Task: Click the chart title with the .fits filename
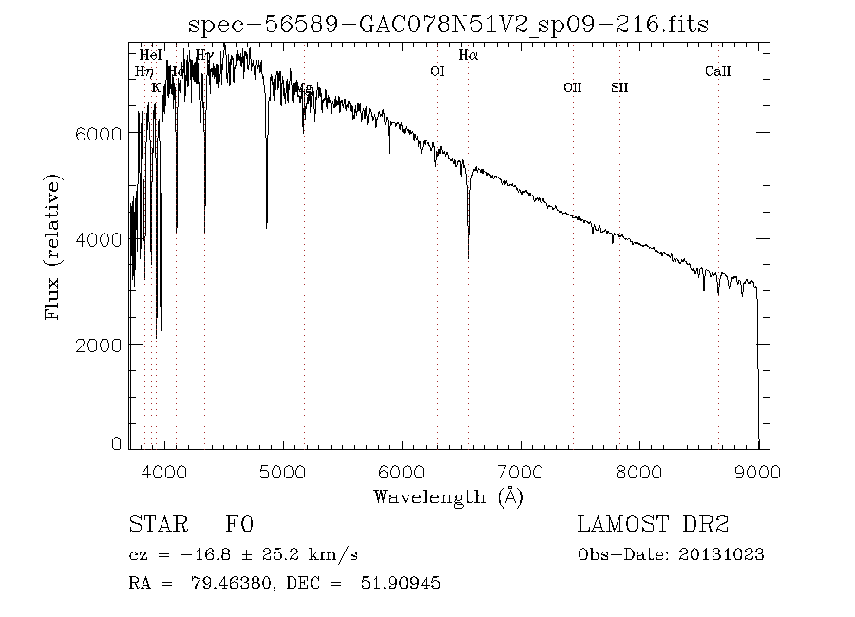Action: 448,25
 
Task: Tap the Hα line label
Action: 468,56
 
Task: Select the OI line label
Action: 437,71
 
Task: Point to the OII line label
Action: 572,88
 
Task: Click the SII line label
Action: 619,88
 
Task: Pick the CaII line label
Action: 717,71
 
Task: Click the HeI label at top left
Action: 150,56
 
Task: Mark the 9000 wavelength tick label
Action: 757,471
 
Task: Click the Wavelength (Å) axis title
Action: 448,496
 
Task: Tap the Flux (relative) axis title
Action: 53,246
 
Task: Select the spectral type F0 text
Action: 238,526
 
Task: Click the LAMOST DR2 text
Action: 653,526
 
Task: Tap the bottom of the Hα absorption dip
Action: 468,256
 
